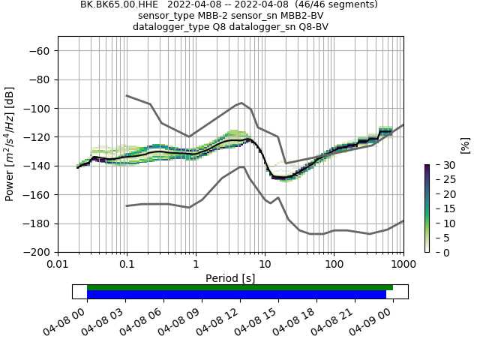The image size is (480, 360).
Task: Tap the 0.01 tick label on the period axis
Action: click(58, 264)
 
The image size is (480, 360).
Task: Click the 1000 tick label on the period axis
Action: click(403, 264)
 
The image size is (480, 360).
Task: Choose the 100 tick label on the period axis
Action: click(334, 264)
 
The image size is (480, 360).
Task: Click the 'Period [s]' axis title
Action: click(230, 277)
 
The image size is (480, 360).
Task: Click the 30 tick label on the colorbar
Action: click(442, 165)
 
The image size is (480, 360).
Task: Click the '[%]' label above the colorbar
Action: click(465, 145)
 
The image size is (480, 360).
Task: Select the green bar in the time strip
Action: click(240, 287)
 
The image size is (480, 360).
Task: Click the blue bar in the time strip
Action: click(236, 295)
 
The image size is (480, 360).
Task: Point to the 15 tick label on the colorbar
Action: click(442, 208)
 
